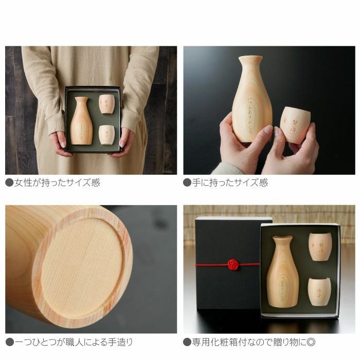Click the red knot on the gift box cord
point(233,264)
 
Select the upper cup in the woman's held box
point(106,104)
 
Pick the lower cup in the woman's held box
point(106,135)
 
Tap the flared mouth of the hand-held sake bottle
point(250,60)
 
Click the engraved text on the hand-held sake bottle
point(250,116)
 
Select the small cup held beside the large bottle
point(295,125)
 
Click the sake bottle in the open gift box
point(282,272)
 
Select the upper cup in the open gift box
point(319,247)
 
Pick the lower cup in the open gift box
point(319,292)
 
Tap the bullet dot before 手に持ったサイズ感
point(187,183)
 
